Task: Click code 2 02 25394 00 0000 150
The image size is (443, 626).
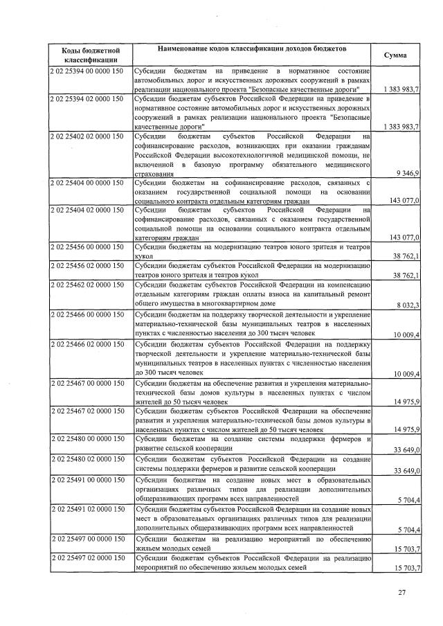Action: (x=87, y=71)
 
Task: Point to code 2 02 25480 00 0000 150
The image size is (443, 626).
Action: (x=87, y=438)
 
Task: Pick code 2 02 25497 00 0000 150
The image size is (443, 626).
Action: (x=87, y=537)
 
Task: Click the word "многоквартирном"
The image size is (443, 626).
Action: (x=248, y=303)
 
